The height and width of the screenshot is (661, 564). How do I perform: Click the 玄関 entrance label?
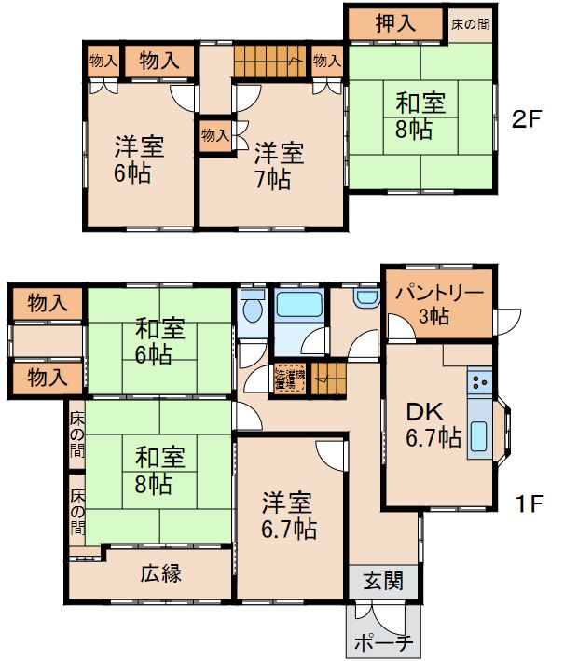pos(382,583)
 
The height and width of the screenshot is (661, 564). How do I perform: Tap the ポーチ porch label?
pos(383,642)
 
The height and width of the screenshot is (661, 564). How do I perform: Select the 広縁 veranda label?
pos(160,573)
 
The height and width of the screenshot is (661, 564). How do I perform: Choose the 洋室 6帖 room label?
pos(140,159)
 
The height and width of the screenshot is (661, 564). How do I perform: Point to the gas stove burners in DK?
pos(479,380)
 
